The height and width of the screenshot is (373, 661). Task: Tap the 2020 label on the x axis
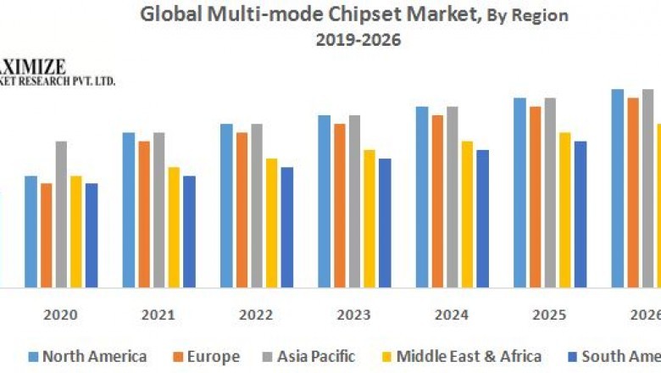tap(61, 315)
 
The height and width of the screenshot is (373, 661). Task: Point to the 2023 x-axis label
tap(353, 315)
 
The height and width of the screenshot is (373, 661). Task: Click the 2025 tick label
tap(549, 315)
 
